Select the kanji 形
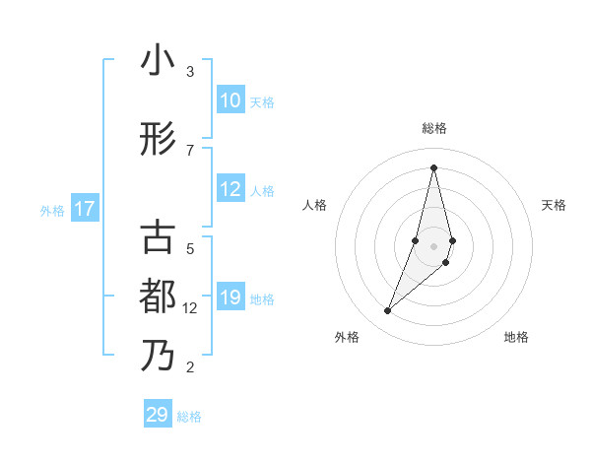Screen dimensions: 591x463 [158, 140]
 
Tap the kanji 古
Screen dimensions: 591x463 [158, 238]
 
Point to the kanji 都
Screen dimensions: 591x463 [158, 296]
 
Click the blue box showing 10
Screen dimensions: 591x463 [230, 100]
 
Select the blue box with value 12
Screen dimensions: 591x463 [230, 190]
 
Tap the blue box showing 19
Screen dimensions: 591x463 [230, 298]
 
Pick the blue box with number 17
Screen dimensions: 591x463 [84, 209]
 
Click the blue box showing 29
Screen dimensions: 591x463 [158, 415]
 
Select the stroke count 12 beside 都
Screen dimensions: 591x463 [191, 307]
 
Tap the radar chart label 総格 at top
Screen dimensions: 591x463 [434, 128]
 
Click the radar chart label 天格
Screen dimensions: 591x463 [554, 205]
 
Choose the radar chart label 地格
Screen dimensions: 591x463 [516, 337]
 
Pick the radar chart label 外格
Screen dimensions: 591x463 [347, 337]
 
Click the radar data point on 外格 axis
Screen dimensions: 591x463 [388, 311]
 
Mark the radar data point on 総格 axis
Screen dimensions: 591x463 [433, 167]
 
